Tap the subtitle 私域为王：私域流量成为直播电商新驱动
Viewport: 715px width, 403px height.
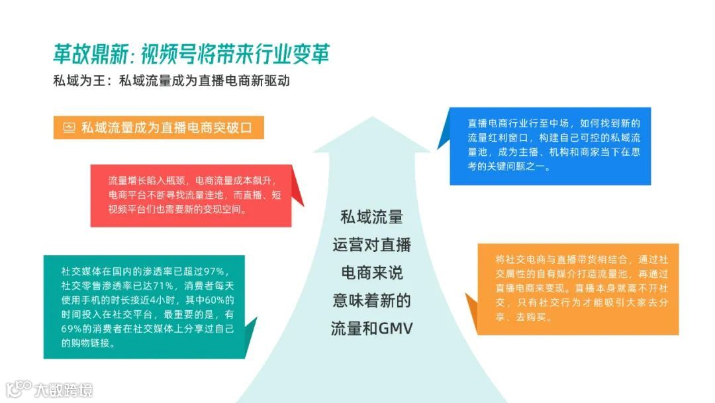pyautogui.click(x=172, y=82)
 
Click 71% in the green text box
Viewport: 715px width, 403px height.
pyautogui.click(x=163, y=286)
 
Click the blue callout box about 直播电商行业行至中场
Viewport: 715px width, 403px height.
pyautogui.click(x=549, y=146)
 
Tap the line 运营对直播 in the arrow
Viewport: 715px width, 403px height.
pyautogui.click(x=371, y=245)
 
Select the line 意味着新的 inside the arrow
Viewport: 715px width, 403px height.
pyautogui.click(x=371, y=300)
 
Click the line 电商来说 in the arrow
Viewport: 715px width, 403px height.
pyautogui.click(x=371, y=272)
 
